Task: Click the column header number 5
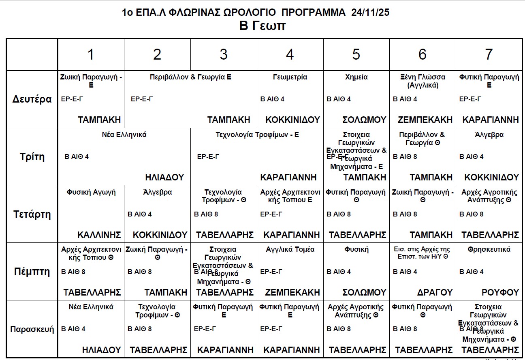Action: pyautogui.click(x=356, y=54)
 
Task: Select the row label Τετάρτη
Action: pyautogui.click(x=32, y=214)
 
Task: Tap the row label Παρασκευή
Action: pyautogui.click(x=32, y=329)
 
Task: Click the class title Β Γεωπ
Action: pyautogui.click(x=262, y=26)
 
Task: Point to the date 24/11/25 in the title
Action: pyautogui.click(x=371, y=12)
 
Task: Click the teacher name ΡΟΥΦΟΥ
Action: pyautogui.click(x=500, y=292)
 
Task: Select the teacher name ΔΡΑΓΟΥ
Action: pyautogui.click(x=435, y=292)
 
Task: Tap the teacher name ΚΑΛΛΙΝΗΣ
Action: pyautogui.click(x=99, y=235)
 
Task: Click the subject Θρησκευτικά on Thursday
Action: pyautogui.click(x=489, y=249)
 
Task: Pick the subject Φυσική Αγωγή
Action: pyautogui.click(x=91, y=192)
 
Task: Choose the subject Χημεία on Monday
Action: pyautogui.click(x=356, y=77)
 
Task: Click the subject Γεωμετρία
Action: pyautogui.click(x=290, y=77)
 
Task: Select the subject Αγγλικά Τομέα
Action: pyautogui.click(x=290, y=249)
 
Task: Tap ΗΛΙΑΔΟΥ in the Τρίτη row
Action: pyautogui.click(x=164, y=177)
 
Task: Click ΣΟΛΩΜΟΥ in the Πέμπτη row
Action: pyautogui.click(x=364, y=292)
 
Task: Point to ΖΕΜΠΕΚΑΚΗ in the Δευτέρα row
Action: pyautogui.click(x=425, y=120)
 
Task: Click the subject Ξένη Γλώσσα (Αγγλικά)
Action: pyautogui.click(x=423, y=81)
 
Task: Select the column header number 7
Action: pyautogui.click(x=489, y=54)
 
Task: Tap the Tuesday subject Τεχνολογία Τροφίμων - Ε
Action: pyautogui.click(x=257, y=135)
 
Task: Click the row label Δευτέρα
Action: pyautogui.click(x=32, y=99)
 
